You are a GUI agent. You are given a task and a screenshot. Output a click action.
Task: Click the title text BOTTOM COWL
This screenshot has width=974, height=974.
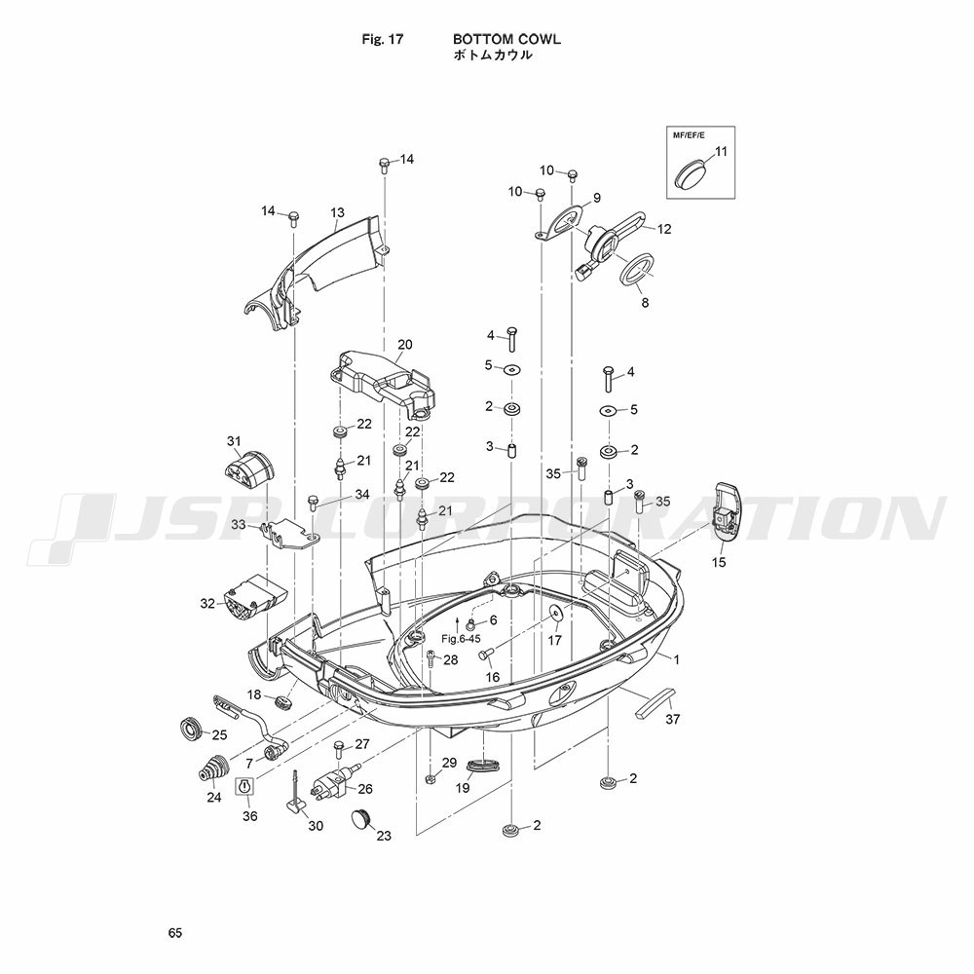[x=506, y=39]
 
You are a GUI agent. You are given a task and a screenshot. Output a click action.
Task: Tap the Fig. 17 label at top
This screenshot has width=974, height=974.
[x=382, y=39]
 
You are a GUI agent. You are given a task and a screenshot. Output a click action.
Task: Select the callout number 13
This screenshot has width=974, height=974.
[x=337, y=213]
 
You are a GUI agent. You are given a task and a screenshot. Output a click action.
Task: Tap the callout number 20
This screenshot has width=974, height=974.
[x=405, y=344]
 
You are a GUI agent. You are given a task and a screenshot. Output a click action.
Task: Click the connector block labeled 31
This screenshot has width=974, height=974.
[x=248, y=471]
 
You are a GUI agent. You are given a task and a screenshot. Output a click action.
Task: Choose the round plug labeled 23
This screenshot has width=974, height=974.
[x=361, y=817]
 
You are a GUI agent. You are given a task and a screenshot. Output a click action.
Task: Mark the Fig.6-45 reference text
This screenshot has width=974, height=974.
[x=461, y=638]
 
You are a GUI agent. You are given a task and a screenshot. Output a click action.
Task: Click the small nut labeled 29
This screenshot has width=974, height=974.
[x=429, y=777]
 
